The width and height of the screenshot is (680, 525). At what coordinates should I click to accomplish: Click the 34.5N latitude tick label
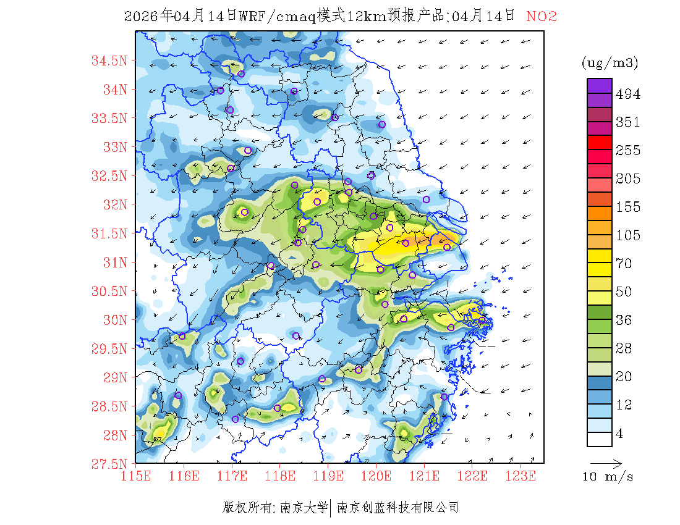(109, 61)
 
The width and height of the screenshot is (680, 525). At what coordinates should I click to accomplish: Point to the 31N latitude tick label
(114, 262)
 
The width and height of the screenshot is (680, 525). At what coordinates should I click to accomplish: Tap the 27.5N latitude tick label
(109, 463)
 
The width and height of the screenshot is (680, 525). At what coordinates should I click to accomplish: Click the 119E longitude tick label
(328, 476)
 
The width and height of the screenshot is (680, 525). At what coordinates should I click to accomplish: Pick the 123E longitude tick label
(521, 476)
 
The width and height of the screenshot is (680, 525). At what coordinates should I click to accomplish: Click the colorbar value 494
(628, 94)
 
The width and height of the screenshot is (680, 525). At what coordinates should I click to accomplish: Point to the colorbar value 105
(628, 235)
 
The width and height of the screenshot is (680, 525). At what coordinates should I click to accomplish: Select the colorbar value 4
(620, 434)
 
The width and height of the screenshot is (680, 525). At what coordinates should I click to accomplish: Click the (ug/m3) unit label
(610, 63)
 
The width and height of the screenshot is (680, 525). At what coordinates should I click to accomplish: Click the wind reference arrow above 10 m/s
(606, 463)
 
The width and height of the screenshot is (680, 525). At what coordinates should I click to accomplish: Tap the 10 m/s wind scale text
(608, 477)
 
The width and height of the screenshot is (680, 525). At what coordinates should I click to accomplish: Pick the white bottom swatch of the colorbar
(599, 439)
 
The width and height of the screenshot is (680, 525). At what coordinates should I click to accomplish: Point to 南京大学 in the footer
(304, 508)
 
